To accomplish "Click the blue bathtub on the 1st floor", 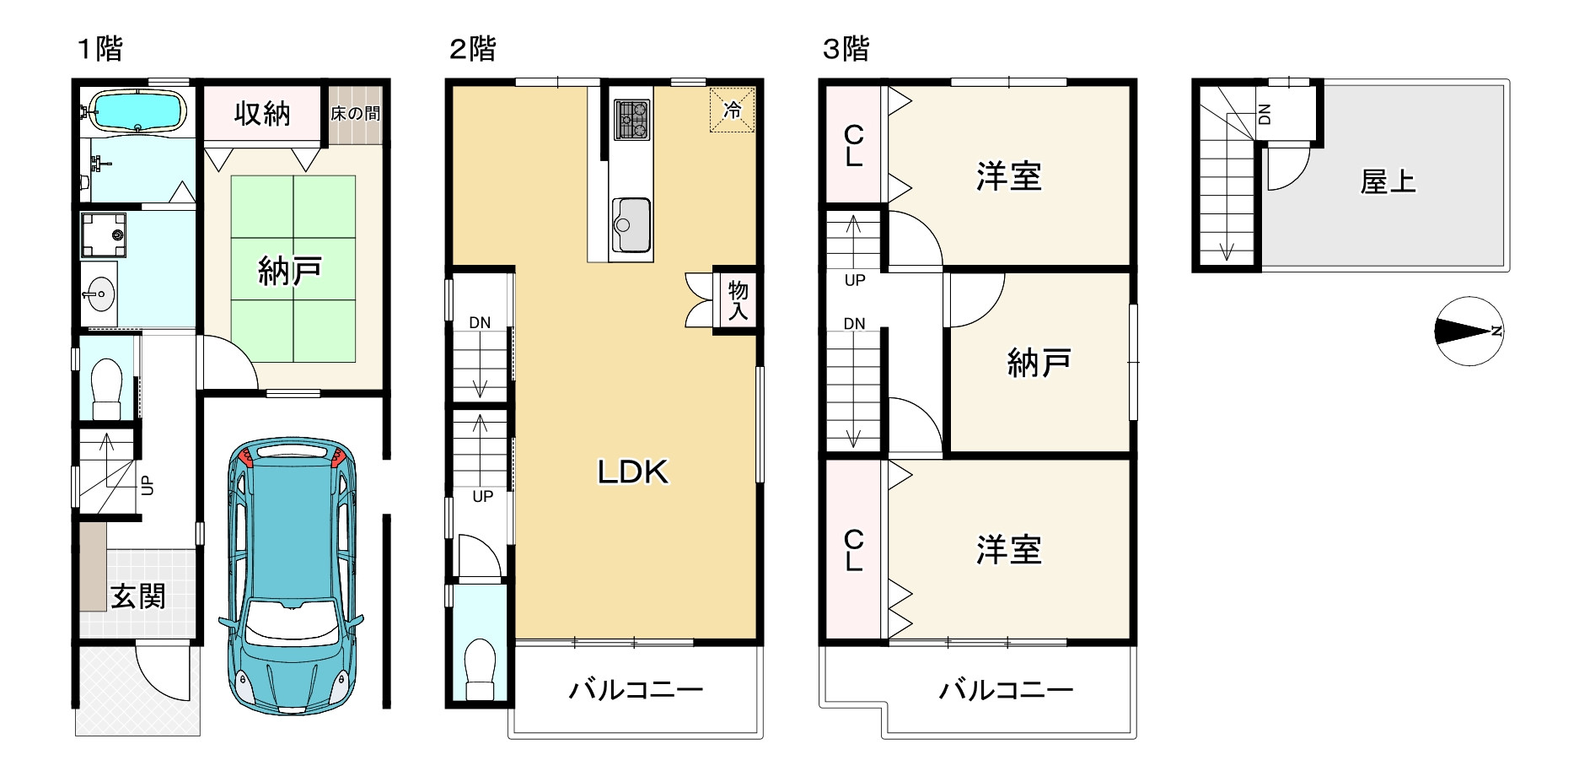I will pos(137,111).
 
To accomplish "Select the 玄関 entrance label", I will pos(139,596).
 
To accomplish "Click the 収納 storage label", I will pos(262,112).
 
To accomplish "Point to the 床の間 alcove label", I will pos(355,112).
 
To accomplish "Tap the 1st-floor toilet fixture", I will pos(107,386).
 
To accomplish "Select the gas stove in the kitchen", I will pos(631,119).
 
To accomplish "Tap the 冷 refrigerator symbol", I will pos(733,110).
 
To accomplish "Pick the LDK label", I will pos(632,472).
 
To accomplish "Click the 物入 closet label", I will pos(738,301).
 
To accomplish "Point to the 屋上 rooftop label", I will pos(1388,181).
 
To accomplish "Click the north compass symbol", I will pos(1469,331).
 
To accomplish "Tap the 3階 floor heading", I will pos(846,49).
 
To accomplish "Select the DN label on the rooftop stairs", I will pos(1264,114).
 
